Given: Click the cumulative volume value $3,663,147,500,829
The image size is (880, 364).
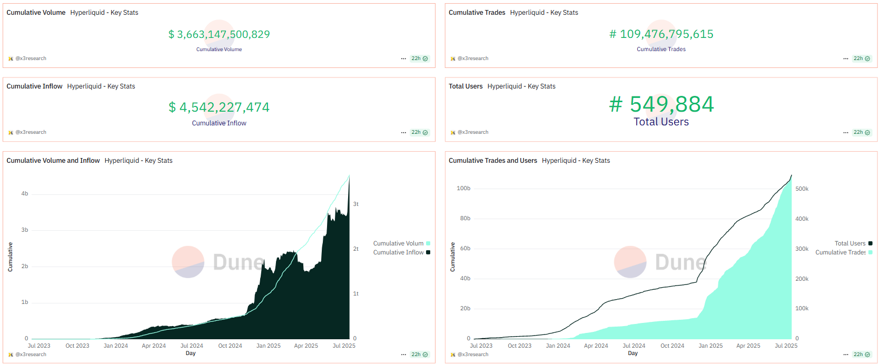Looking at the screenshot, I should (x=219, y=34).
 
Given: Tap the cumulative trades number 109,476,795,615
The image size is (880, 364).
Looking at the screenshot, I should (x=661, y=34).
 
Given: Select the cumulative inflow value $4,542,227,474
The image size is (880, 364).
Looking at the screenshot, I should (x=219, y=107).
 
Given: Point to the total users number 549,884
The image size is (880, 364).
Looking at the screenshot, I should (x=661, y=104).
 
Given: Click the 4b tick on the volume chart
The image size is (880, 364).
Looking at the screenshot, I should (x=25, y=194).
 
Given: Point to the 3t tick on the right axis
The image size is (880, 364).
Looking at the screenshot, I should (x=356, y=204).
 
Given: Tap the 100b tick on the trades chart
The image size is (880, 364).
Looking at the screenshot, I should (x=463, y=188).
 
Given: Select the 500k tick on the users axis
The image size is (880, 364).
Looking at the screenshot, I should (x=802, y=189).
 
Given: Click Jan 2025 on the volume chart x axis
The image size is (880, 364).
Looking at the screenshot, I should (x=269, y=346).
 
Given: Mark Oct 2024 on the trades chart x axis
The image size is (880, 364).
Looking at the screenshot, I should (x=673, y=346).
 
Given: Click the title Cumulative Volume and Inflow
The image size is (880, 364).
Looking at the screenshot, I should (x=53, y=161).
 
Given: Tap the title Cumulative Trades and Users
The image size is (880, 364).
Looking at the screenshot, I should (x=493, y=161).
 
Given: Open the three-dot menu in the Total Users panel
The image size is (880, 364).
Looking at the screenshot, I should (x=846, y=133).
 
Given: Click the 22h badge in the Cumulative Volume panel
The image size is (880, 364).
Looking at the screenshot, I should (x=419, y=58).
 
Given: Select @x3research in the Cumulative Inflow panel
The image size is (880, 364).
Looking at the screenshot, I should (x=31, y=132).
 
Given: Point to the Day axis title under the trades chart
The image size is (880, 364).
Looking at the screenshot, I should (x=633, y=353).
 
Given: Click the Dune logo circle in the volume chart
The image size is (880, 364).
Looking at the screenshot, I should (x=188, y=262).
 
